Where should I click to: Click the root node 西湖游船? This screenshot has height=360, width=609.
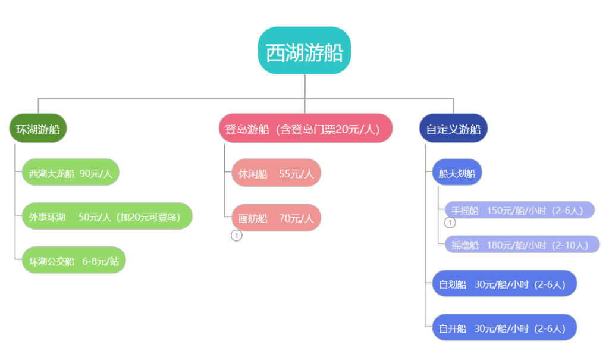304,51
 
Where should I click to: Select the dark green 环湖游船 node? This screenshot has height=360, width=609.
38,129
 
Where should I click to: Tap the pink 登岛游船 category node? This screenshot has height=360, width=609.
306,129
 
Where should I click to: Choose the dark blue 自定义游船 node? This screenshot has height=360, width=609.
453,129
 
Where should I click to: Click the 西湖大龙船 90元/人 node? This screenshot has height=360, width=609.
71,172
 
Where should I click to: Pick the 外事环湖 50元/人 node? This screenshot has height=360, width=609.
107,216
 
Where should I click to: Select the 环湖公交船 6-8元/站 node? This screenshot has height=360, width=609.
74,260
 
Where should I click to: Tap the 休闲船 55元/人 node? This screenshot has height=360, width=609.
276,173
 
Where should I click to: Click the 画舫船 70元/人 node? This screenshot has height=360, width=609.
276,218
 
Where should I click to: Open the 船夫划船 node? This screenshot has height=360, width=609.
457,172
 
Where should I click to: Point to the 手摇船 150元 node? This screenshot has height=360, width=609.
520,210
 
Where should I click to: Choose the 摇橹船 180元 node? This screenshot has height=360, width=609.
522,244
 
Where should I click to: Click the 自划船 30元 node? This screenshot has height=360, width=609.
504,283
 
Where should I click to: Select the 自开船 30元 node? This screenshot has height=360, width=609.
504,327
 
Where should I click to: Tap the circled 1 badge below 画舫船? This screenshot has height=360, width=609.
237,236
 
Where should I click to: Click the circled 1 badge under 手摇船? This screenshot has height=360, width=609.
450,223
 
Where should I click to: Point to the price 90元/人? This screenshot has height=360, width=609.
96,173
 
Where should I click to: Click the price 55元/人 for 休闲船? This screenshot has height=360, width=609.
296,174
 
